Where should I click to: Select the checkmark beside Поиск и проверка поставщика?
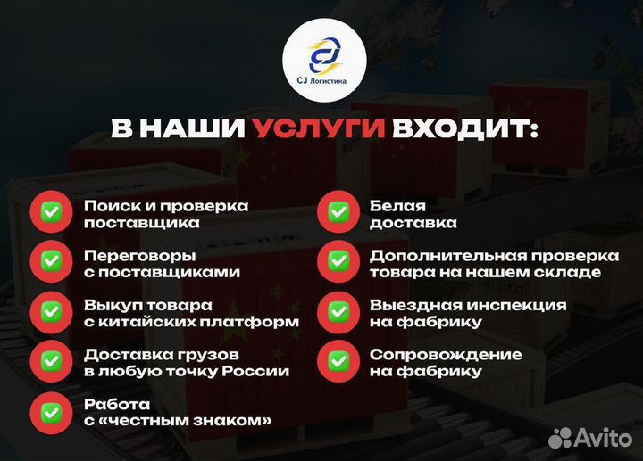(50, 213)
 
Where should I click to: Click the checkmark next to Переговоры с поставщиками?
(50, 263)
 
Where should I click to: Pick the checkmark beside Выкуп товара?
(50, 312)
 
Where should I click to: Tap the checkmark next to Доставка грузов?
(50, 362)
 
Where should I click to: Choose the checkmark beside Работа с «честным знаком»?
(50, 411)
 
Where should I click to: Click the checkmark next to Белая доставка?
(338, 213)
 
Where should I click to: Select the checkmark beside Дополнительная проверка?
(338, 263)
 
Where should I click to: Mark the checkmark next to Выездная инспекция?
(338, 312)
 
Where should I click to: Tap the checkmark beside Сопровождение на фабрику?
(338, 362)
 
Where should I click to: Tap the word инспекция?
(517, 305)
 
